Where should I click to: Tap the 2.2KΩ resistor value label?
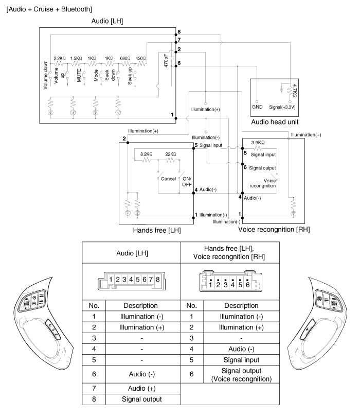[60, 58]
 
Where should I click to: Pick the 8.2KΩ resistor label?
[147, 153]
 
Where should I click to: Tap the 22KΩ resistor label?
[170, 153]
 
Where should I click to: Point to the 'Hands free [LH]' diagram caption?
[157, 230]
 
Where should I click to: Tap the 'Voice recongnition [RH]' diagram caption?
[273, 230]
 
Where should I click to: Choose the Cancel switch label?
[168, 179]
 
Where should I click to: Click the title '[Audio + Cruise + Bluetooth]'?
[47, 8]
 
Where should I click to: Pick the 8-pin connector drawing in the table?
[131, 280]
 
